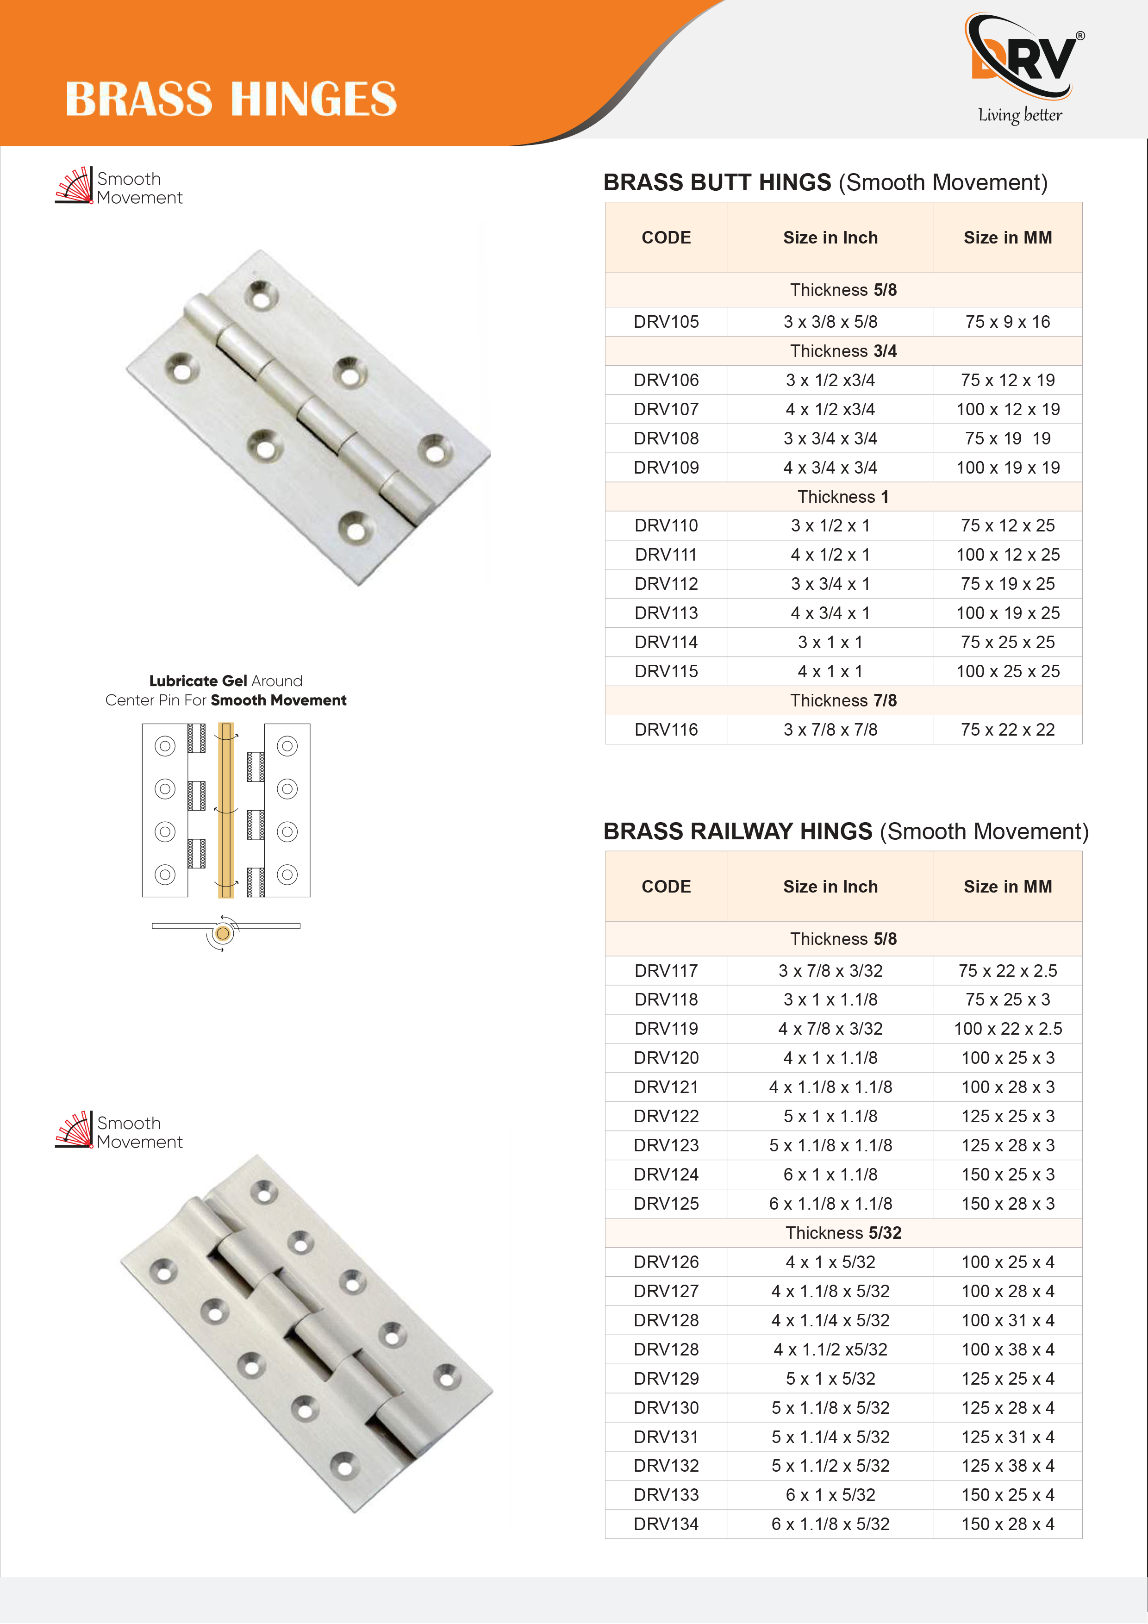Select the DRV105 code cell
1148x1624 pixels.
(x=666, y=322)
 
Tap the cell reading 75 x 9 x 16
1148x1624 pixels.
(x=1007, y=322)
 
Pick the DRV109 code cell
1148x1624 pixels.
(x=666, y=468)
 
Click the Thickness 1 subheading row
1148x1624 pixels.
(x=842, y=497)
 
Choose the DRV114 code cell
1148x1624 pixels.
(x=666, y=642)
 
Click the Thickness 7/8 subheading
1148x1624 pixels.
(x=842, y=700)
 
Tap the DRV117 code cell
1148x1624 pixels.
(x=666, y=970)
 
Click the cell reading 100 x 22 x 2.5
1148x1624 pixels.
(x=1007, y=1029)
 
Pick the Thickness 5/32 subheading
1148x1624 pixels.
(x=842, y=1233)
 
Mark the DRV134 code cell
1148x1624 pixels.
(x=666, y=1524)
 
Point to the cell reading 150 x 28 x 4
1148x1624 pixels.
(x=1007, y=1524)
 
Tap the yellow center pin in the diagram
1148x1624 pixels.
(x=225, y=810)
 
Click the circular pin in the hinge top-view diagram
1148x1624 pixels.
(x=223, y=934)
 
